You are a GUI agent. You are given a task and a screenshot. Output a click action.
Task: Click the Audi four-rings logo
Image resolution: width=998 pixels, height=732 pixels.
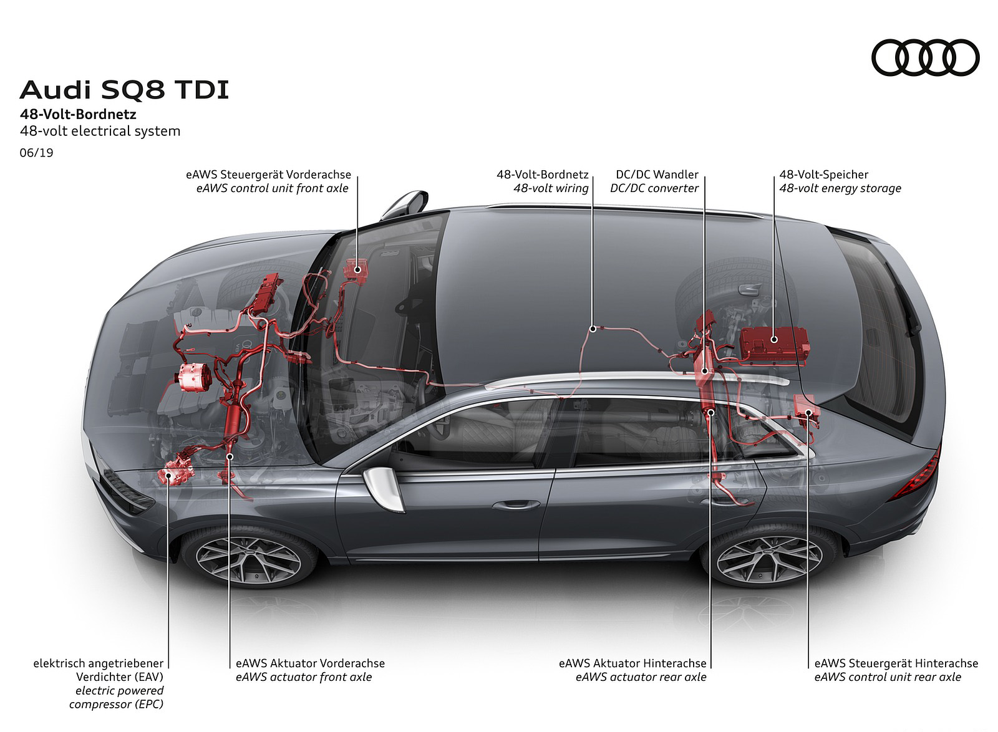925,57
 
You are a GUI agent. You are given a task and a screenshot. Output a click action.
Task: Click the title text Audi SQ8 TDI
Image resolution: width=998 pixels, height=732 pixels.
124,90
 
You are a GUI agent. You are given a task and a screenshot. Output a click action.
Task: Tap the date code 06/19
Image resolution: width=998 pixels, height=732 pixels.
36,152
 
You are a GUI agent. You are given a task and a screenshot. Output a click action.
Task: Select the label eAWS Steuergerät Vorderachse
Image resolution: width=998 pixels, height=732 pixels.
268,175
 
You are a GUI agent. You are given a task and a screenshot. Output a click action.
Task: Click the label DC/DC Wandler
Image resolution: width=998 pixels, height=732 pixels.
657,175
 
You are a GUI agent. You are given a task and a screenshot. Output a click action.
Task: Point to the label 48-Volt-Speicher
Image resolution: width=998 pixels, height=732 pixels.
823,175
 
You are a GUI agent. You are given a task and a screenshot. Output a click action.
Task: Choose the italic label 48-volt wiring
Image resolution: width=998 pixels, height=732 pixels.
551,188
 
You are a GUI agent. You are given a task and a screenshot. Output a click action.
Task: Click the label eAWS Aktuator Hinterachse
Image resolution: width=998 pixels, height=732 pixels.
632,663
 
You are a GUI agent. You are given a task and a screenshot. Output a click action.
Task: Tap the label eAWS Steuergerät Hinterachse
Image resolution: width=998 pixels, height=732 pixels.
896,663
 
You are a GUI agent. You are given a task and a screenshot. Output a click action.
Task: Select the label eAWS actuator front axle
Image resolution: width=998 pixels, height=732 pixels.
304,677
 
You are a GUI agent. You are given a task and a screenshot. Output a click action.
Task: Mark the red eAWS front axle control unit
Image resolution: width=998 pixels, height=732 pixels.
357,269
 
